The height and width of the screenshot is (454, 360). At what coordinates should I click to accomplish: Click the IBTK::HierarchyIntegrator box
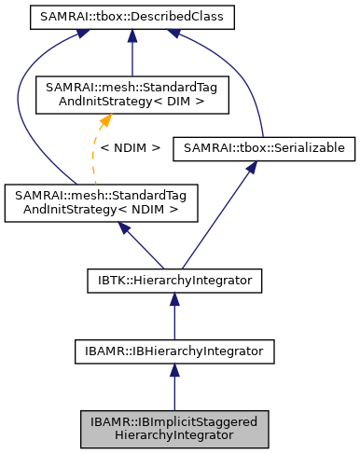174,278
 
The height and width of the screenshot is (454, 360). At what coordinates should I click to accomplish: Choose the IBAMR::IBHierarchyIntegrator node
174,351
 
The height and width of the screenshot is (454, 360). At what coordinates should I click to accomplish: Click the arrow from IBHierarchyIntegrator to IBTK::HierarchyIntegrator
174,317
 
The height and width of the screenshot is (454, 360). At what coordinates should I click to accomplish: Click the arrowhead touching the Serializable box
250,166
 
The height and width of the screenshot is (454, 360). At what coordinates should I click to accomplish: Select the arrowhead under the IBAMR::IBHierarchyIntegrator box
174,370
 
